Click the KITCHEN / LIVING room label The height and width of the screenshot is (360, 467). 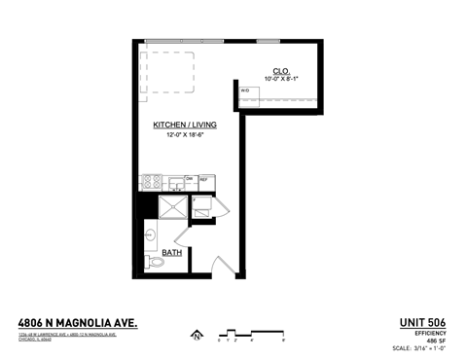click(x=184, y=126)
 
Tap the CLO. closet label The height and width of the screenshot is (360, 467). click(x=281, y=71)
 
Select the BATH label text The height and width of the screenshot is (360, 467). click(x=171, y=253)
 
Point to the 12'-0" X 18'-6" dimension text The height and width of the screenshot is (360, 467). click(x=184, y=135)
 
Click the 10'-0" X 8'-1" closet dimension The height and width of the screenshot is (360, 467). click(x=281, y=79)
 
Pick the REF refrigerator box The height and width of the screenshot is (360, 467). click(x=205, y=181)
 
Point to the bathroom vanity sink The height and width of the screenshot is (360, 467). click(x=151, y=234)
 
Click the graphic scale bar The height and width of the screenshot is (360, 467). click(x=249, y=333)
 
